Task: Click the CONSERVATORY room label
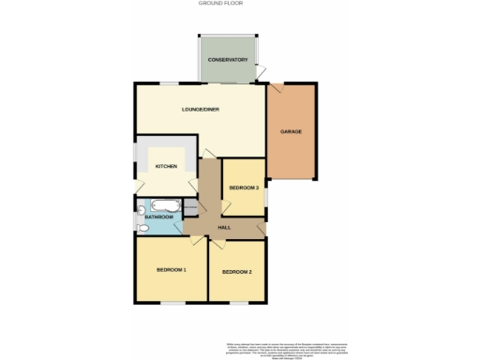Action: tap(228, 60)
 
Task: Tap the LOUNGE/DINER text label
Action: tap(201, 111)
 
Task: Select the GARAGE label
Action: tap(291, 132)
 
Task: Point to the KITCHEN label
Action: tap(166, 166)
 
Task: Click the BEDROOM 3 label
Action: tap(244, 188)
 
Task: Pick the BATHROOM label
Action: tap(159, 217)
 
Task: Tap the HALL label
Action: tap(224, 228)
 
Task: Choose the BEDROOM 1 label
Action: tap(172, 270)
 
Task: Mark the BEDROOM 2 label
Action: tap(236, 272)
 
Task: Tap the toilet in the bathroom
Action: tap(142, 226)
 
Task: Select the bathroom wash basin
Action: tap(140, 209)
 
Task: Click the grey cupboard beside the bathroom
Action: tap(191, 207)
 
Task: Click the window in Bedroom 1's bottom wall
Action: tap(171, 303)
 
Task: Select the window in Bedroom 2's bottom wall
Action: tap(239, 303)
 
